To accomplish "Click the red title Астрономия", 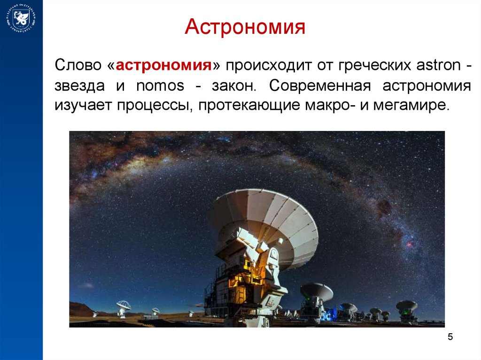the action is click(245, 27).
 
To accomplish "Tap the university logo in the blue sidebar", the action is click(21, 18).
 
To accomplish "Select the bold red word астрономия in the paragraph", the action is click(164, 65).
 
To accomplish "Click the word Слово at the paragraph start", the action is click(78, 65).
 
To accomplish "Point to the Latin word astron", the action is click(438, 65).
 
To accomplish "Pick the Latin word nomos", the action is click(160, 86).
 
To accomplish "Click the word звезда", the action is click(79, 86).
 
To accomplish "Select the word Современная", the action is click(320, 85).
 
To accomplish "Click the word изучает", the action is click(83, 105).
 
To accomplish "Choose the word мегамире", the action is click(411, 105).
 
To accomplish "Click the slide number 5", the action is click(450, 337).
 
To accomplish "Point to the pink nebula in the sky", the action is click(410, 245).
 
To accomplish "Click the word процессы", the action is click(155, 105).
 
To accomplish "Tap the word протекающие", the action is click(249, 105).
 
